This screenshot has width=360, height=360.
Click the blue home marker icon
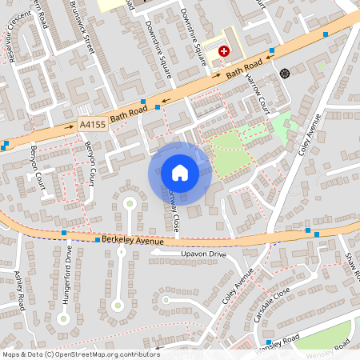pyautogui.click(x=180, y=172)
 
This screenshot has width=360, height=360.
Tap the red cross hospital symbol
pyautogui.click(x=224, y=50)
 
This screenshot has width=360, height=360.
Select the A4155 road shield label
pyautogui.click(x=93, y=124)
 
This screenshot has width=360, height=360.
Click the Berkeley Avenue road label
pyautogui.click(x=134, y=240)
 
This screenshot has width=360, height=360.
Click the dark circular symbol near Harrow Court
pyautogui.click(x=284, y=74)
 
